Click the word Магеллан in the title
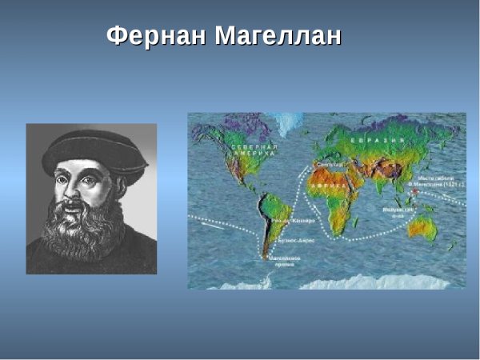point(277,36)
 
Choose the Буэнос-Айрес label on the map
point(290,239)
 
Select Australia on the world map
point(421,230)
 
